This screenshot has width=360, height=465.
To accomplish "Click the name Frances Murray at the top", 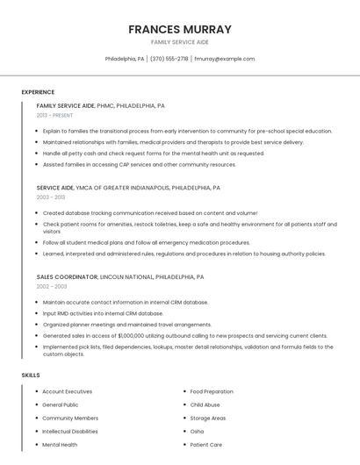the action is (x=180, y=29).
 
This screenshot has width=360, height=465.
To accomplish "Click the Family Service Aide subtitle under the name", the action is (x=180, y=42).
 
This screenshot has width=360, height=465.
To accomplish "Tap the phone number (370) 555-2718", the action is (x=169, y=59).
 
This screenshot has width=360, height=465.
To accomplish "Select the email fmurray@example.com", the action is (x=225, y=59).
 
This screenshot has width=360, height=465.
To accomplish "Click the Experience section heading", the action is (x=38, y=92).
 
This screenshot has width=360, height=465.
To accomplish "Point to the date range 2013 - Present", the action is (x=54, y=115).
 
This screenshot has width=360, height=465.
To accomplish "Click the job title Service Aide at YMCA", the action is (x=54, y=188).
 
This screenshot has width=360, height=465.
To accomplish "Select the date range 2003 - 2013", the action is (x=50, y=197).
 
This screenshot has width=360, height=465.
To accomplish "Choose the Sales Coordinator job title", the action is (x=67, y=276).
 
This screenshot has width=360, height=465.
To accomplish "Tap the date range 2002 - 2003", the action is (x=51, y=286).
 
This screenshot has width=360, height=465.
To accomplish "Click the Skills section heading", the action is (x=31, y=375).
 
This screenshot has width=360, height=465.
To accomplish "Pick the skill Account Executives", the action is (x=68, y=391).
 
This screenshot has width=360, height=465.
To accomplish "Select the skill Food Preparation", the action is (x=212, y=391).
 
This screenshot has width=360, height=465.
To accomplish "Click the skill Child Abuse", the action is (x=205, y=404).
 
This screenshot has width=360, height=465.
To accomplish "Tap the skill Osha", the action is (x=197, y=432).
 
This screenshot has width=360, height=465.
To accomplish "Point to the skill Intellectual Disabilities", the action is (x=70, y=432).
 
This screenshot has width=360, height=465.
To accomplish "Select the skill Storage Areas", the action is (x=208, y=418).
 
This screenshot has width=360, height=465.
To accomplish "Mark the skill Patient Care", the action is (x=206, y=445).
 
